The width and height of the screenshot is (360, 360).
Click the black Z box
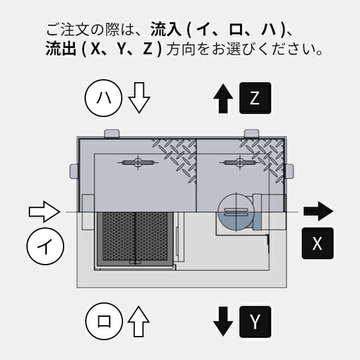pos(256,98)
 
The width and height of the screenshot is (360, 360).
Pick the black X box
pos(317,244)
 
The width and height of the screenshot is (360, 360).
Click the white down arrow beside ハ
pos(138,98)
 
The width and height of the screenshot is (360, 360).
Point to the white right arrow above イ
pos(44,211)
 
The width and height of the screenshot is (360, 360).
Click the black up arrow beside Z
pos(223,98)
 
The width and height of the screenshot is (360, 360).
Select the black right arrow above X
pos(317,211)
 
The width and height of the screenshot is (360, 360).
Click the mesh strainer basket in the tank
pos(135,239)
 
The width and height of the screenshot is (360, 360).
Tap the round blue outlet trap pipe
pos(233,211)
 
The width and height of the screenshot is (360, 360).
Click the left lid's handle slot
pos(137,163)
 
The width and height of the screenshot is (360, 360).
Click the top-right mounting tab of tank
pos(251,133)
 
